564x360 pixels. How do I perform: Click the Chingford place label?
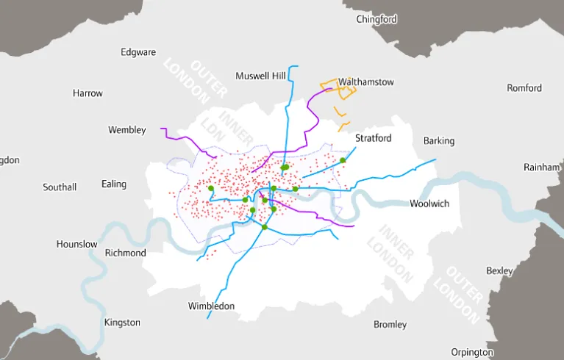click(376, 19)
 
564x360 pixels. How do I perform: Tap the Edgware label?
click(138, 52)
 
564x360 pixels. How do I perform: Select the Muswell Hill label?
click(260, 76)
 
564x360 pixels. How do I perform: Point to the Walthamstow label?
click(366, 82)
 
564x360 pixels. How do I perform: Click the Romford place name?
click(524, 88)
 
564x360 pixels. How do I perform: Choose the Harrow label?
click(88, 93)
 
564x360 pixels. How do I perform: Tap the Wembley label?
click(126, 130)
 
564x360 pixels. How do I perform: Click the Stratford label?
click(374, 138)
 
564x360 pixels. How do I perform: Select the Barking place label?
click(439, 141)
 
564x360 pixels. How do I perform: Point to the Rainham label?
click(542, 168)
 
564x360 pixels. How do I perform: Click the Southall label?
click(60, 187)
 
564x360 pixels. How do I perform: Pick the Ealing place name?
click(114, 184)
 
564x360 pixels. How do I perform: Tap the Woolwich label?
click(429, 204)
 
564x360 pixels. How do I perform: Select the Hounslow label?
click(76, 244)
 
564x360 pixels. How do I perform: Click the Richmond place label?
click(126, 253)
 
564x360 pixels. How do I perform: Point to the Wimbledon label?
click(211, 306)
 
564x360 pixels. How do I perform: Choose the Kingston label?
click(122, 323)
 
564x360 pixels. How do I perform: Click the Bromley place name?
click(390, 324)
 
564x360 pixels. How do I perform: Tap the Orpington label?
click(472, 352)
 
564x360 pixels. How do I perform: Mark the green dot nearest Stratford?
click(343, 160)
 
